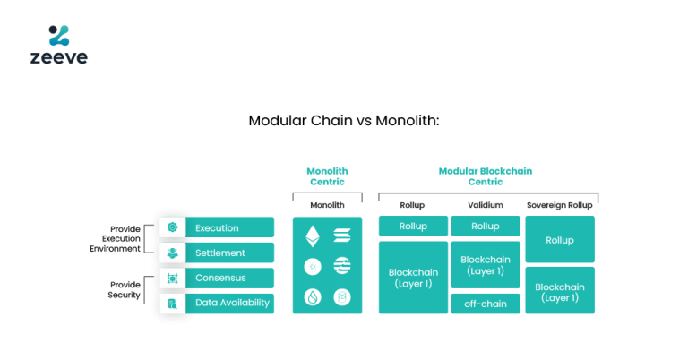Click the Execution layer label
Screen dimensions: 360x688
[217, 227]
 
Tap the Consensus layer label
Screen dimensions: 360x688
[220, 278]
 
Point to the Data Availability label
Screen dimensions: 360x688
[232, 303]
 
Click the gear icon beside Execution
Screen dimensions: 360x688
[172, 227]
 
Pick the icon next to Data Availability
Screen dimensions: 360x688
[172, 304]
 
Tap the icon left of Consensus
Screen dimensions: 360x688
[172, 278]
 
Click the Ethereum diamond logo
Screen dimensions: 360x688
[313, 236]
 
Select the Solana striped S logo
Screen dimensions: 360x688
[342, 236]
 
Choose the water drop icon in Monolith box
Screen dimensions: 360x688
[313, 296]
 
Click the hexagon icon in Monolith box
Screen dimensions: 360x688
[342, 296]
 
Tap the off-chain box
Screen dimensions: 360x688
[485, 304]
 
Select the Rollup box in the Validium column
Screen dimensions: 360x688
[485, 227]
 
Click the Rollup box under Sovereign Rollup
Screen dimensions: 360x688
[559, 240]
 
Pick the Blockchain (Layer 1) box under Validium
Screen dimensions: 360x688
[485, 265]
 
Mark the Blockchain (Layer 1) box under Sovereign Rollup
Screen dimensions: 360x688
[559, 291]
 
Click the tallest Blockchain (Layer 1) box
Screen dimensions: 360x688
[413, 278]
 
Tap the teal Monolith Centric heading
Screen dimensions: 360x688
[327, 176]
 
